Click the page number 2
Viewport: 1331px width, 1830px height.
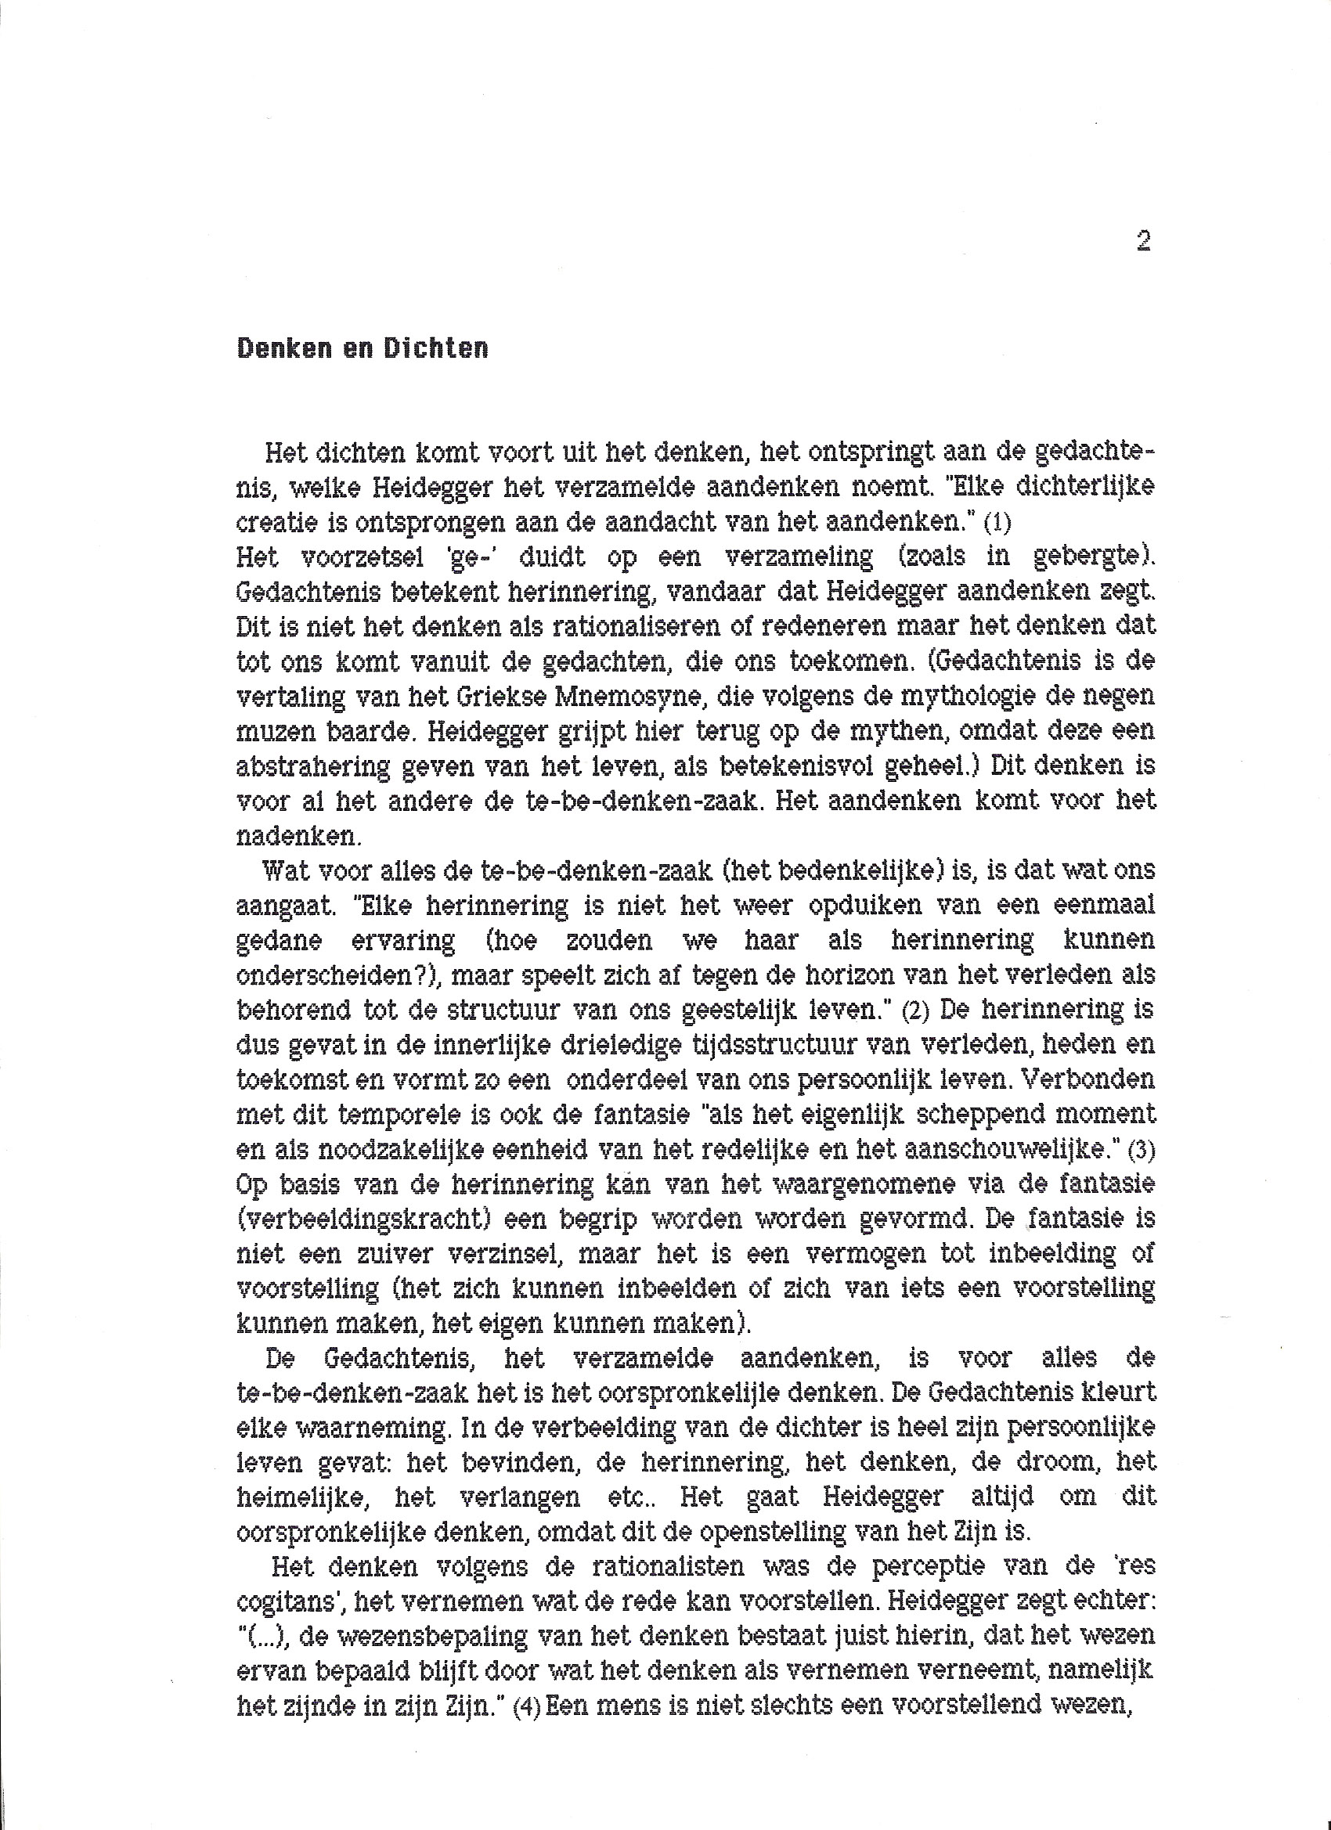coord(1143,240)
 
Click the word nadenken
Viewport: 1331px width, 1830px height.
coord(296,835)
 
